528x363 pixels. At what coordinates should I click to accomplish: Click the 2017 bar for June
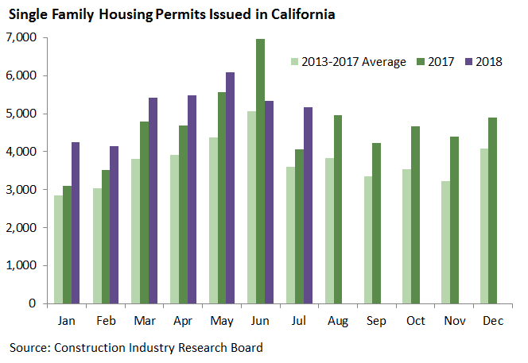pyautogui.click(x=260, y=171)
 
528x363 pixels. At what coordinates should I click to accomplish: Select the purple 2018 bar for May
pyautogui.click(x=230, y=187)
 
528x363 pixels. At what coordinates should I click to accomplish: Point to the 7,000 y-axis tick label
pyautogui.click(x=21, y=37)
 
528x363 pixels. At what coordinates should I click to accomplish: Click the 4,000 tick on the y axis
pyautogui.click(x=21, y=151)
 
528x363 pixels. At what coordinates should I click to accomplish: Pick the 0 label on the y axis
pyautogui.click(x=33, y=303)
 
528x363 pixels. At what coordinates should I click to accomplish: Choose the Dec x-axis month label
pyautogui.click(x=490, y=322)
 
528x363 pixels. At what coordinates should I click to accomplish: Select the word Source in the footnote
pyautogui.click(x=29, y=347)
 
